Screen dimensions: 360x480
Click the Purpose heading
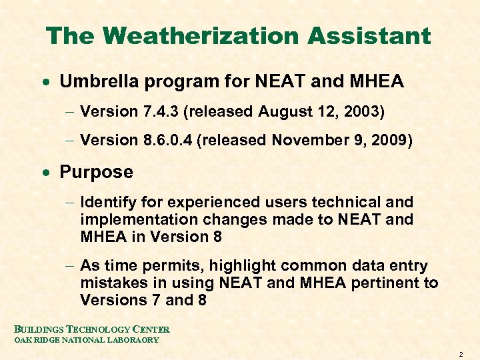coord(96,172)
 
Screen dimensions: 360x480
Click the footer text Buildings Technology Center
coord(92,329)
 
